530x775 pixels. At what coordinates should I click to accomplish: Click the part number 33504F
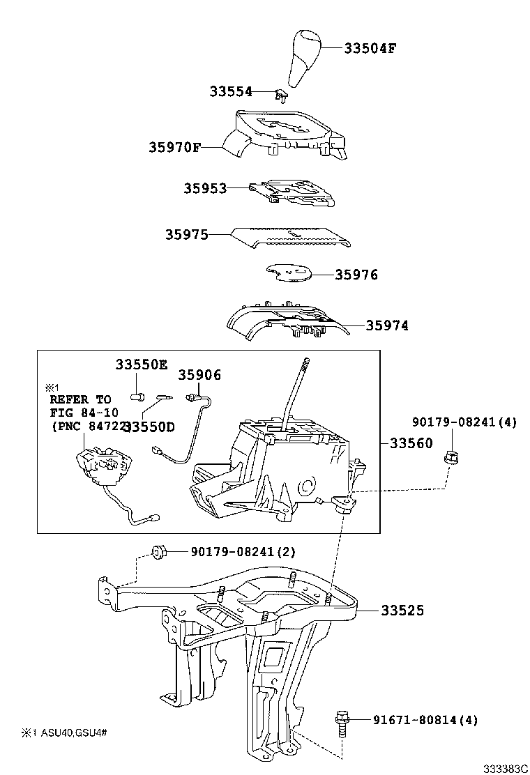click(x=370, y=48)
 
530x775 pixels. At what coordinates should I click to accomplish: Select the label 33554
click(x=231, y=91)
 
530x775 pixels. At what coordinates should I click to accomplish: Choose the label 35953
click(x=205, y=188)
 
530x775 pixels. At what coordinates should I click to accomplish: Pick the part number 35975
click(x=186, y=235)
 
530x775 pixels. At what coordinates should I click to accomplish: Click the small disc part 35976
click(x=287, y=274)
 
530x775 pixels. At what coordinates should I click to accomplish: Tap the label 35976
click(x=356, y=275)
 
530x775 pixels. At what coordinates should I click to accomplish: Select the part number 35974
click(x=387, y=325)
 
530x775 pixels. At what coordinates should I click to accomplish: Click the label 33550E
click(x=142, y=365)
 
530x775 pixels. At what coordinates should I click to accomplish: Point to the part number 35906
click(x=199, y=375)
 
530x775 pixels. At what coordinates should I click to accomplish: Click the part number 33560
click(x=411, y=443)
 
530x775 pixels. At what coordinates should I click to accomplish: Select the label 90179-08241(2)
click(x=243, y=551)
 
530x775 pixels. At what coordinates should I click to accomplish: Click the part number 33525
click(x=402, y=611)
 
